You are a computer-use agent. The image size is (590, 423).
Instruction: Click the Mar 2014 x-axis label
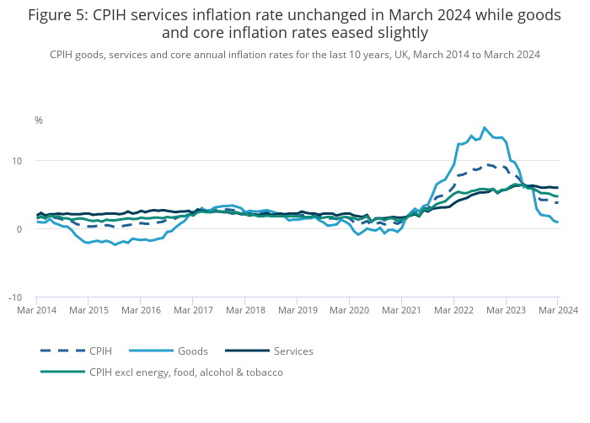[x=36, y=311]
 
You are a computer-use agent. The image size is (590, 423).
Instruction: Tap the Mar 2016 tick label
[x=141, y=311]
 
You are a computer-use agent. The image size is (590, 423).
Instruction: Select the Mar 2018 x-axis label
[x=245, y=311]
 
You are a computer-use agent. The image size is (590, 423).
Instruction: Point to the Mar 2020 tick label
[x=350, y=311]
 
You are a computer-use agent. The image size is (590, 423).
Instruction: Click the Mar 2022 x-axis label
[x=453, y=311]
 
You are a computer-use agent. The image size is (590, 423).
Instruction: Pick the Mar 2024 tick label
[x=556, y=311]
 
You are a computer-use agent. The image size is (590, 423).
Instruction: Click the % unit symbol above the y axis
[x=39, y=120]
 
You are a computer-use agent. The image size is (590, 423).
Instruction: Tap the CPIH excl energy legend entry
[x=186, y=372]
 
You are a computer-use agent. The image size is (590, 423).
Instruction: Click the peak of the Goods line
[x=485, y=128]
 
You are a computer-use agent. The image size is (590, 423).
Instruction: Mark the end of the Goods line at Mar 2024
[x=557, y=222]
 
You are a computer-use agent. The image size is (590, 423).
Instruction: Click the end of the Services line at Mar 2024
[x=557, y=187]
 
